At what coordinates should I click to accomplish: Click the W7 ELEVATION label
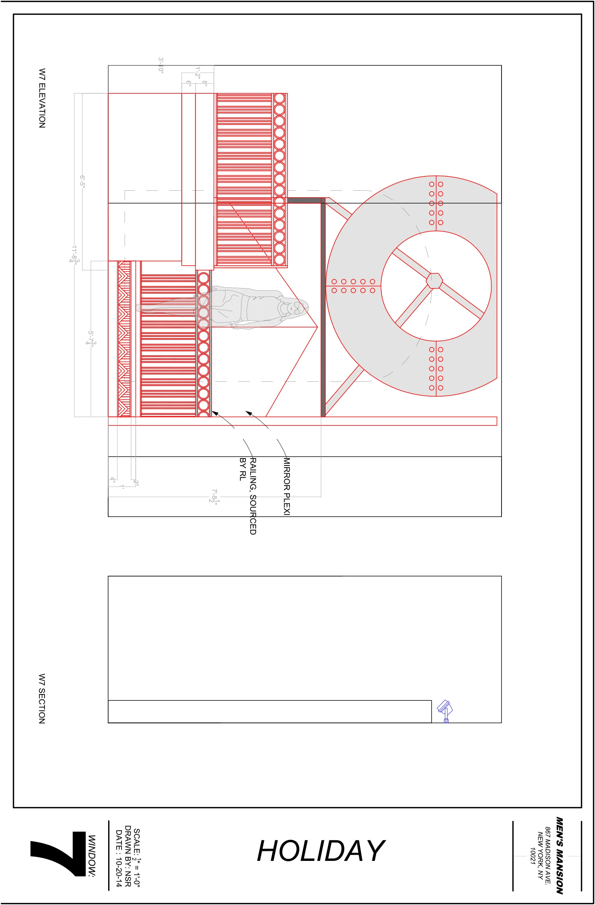[42, 98]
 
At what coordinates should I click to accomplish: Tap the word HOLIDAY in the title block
[321, 851]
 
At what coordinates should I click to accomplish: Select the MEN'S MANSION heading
[559, 855]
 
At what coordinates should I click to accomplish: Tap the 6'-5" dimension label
[82, 181]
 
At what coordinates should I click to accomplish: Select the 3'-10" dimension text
[161, 65]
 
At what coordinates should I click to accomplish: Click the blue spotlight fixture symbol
[445, 710]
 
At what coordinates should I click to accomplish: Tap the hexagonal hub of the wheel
[434, 281]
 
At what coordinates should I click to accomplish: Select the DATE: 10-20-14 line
[118, 858]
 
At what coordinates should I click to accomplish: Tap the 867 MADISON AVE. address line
[548, 855]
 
